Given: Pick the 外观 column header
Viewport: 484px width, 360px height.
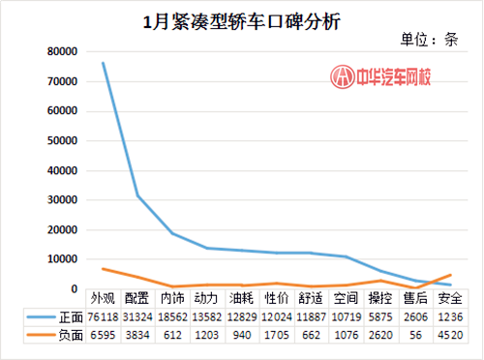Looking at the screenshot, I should point(103,298).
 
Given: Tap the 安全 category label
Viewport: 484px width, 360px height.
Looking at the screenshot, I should point(449,298).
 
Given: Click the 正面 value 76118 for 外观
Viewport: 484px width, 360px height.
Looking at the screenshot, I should point(103,316).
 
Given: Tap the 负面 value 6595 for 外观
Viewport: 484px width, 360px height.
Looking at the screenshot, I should point(103,335).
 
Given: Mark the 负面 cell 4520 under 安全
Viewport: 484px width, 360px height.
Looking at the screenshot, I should point(449,335).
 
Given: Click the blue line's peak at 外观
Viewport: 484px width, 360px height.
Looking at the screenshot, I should point(103,63).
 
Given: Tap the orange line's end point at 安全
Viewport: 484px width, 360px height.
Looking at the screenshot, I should point(449,275).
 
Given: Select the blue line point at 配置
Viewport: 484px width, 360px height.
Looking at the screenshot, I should point(137,195).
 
